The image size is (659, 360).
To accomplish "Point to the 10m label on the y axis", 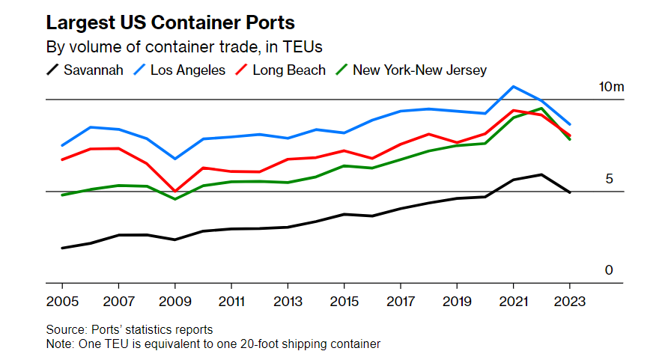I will coord(610,88).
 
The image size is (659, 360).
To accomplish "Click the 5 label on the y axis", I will coord(609,180).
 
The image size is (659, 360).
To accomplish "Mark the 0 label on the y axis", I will coord(609,270).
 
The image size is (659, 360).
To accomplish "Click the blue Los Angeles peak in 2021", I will coord(513,86).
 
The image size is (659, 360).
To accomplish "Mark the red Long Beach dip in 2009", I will coord(174,192).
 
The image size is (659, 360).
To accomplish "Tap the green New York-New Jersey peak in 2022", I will coord(541,109).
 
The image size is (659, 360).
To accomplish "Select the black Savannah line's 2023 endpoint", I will coord(570,192).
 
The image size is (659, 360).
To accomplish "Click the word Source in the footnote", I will coord(64,330).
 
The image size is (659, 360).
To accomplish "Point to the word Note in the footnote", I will coord(58,344).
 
